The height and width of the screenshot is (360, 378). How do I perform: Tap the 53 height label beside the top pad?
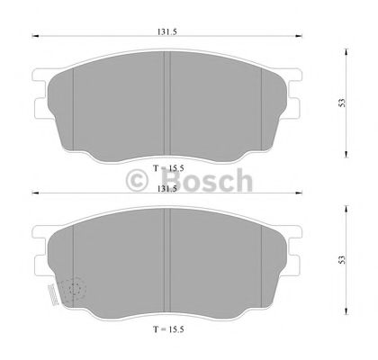click(x=341, y=103)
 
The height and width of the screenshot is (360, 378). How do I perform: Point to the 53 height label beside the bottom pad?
click(x=341, y=260)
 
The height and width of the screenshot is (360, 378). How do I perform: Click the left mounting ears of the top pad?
click(x=40, y=95)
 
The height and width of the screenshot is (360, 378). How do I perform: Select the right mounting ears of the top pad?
click(x=292, y=95)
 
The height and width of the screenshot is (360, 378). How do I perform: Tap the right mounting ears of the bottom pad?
click(x=292, y=254)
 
